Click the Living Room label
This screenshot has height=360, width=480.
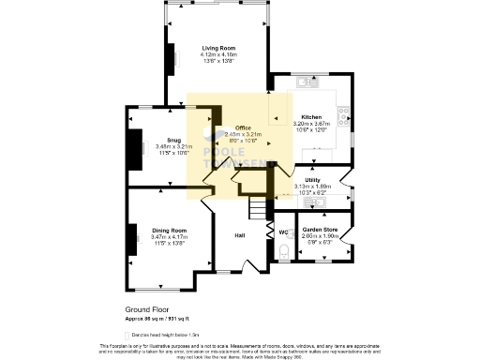tap(217, 47)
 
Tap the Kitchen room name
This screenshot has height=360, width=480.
tap(311, 117)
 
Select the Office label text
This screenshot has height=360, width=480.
tap(244, 127)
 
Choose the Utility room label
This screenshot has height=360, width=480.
tap(312, 179)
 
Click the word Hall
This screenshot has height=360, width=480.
tap(239, 235)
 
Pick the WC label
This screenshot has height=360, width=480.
tap(282, 232)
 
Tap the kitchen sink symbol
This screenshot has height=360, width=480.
tap(305, 82)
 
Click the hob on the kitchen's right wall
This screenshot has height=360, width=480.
tap(349, 118)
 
